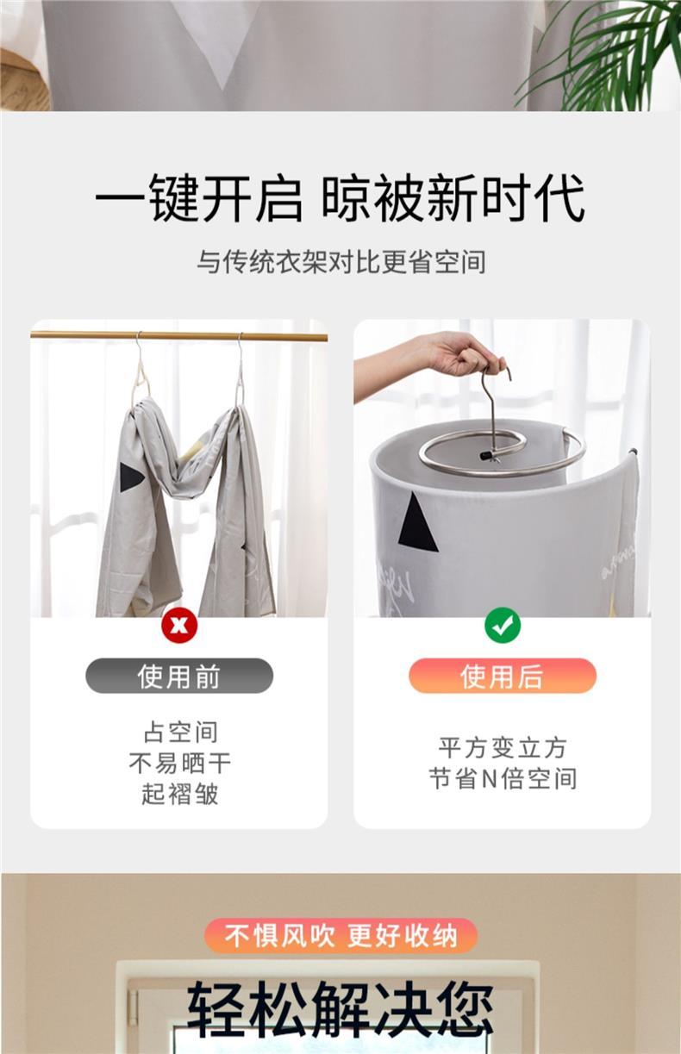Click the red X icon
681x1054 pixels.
pyautogui.click(x=179, y=626)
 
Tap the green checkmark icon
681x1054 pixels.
pyautogui.click(x=503, y=625)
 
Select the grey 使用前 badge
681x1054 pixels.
pyautogui.click(x=179, y=676)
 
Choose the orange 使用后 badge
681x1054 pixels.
pyautogui.click(x=503, y=676)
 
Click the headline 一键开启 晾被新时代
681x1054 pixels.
pyautogui.click(x=340, y=198)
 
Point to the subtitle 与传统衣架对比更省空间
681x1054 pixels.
pyautogui.click(x=340, y=262)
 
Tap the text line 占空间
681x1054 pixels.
pyautogui.click(x=180, y=733)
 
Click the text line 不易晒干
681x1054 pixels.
pyautogui.click(x=180, y=764)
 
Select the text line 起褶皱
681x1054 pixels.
pyautogui.click(x=180, y=795)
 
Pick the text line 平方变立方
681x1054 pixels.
pyautogui.click(x=503, y=748)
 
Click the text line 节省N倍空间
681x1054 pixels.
pyautogui.click(x=503, y=779)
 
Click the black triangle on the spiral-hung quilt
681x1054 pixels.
pyautogui.click(x=416, y=523)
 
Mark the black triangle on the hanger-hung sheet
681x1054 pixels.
pyautogui.click(x=131, y=477)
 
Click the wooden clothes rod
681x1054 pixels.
pyautogui.click(x=178, y=336)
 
